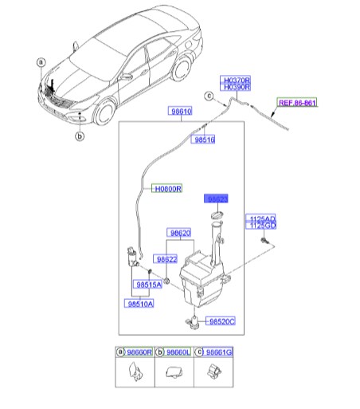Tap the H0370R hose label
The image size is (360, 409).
click(x=237, y=80)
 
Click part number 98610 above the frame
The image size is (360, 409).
click(x=179, y=112)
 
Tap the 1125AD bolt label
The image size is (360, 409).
click(x=263, y=218)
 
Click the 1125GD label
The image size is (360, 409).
click(x=263, y=226)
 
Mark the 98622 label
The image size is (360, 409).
click(x=166, y=259)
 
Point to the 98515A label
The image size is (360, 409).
click(x=148, y=283)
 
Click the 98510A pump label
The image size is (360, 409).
click(x=139, y=303)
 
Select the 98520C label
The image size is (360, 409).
click(x=221, y=321)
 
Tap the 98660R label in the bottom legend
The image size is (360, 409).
click(x=136, y=351)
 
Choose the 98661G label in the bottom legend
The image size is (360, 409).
click(x=218, y=351)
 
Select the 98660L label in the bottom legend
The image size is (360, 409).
click(x=177, y=351)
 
